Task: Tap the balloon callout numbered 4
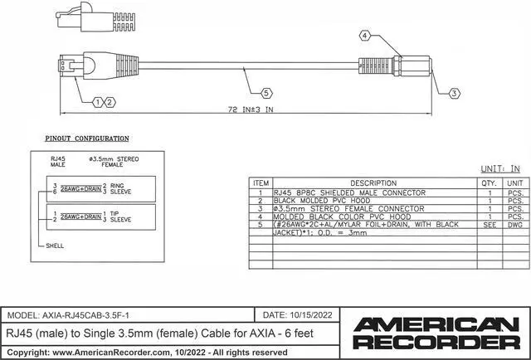[x=364, y=36]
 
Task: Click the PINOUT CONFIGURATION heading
[x=87, y=139]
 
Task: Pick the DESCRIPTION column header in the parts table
[x=373, y=183]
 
